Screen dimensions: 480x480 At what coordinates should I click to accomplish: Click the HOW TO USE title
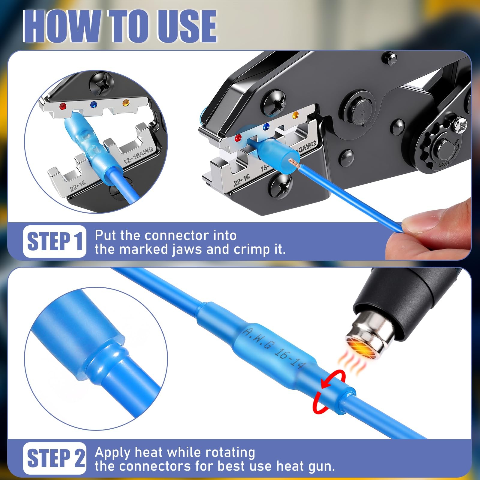click(x=120, y=26)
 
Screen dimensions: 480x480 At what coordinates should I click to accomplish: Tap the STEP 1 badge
click(x=55, y=241)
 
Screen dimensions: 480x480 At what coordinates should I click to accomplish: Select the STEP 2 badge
click(x=55, y=458)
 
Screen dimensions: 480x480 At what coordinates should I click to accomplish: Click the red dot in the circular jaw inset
click(x=63, y=106)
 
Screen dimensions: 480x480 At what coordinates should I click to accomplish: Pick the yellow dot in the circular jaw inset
click(x=126, y=103)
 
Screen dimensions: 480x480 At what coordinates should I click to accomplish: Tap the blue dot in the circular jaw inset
click(x=94, y=104)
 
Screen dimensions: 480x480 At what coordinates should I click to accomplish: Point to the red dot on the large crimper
click(x=238, y=138)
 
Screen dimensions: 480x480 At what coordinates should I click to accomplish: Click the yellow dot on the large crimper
click(x=295, y=115)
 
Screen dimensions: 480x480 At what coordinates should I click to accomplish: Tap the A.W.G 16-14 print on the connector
click(x=274, y=348)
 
